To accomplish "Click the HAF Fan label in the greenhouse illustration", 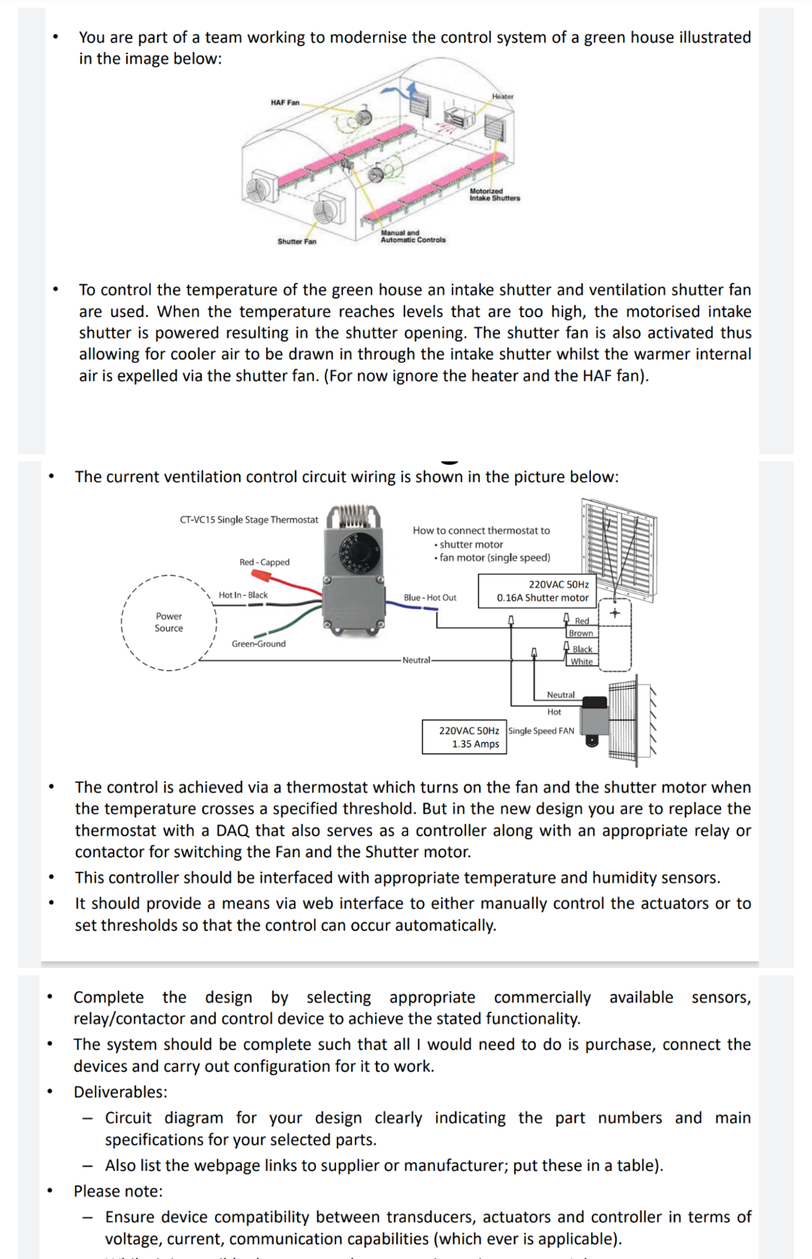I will pyautogui.click(x=285, y=102).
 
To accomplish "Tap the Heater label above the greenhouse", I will pyautogui.click(x=503, y=96).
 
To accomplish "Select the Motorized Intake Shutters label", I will pyautogui.click(x=495, y=195).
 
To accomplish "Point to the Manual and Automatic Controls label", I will pyautogui.click(x=413, y=237).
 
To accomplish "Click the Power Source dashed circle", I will pyautogui.click(x=169, y=622).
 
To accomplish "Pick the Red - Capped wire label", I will pyautogui.click(x=264, y=562).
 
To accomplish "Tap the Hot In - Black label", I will pyautogui.click(x=243, y=595).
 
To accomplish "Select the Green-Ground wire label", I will pyautogui.click(x=259, y=644).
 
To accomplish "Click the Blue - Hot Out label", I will pyautogui.click(x=430, y=598).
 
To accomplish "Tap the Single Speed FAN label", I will pyautogui.click(x=541, y=731).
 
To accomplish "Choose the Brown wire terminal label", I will pyautogui.click(x=580, y=633).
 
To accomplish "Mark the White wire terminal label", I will pyautogui.click(x=581, y=662).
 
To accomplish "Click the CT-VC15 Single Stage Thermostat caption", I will pyautogui.click(x=249, y=520).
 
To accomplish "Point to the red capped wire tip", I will pyautogui.click(x=261, y=576).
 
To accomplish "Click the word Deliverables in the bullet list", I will pyautogui.click(x=120, y=1092).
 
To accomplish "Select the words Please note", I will pyautogui.click(x=117, y=1191).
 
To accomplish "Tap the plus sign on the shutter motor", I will pyautogui.click(x=615, y=613).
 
